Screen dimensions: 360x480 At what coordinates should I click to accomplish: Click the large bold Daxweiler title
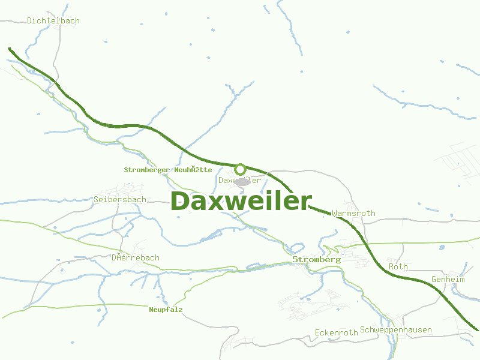(x=241, y=201)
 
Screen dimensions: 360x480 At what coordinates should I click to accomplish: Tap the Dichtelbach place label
(x=53, y=20)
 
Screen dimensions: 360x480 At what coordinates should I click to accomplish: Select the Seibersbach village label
(x=120, y=199)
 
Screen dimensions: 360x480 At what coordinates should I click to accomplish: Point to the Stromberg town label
(x=316, y=259)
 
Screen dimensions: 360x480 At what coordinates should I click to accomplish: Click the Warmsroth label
(x=353, y=213)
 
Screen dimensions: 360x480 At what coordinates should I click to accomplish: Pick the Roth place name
(x=398, y=266)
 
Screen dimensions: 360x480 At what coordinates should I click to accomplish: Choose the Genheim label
(x=448, y=280)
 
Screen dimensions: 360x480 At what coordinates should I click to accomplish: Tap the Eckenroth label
(x=336, y=332)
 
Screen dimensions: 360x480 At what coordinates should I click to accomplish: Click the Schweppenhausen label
(x=395, y=330)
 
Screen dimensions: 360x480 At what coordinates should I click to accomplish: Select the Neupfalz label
(x=166, y=310)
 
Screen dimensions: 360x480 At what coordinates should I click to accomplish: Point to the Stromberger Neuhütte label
(x=167, y=170)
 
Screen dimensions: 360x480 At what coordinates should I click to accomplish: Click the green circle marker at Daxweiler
(x=241, y=169)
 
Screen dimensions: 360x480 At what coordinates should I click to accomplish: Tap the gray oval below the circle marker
(x=242, y=181)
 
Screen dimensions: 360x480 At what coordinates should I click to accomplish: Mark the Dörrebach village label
(x=136, y=258)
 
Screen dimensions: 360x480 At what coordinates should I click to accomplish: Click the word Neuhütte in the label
(x=193, y=170)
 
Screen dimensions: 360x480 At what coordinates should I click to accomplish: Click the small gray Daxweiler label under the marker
(x=240, y=180)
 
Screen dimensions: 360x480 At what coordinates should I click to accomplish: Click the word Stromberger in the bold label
(x=146, y=170)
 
